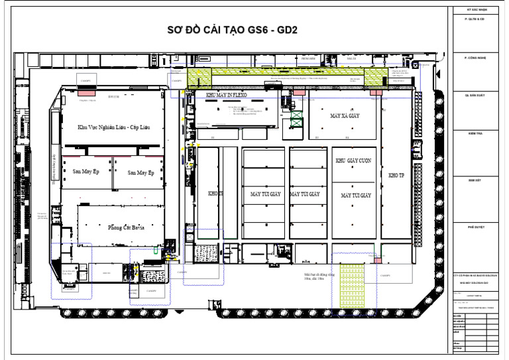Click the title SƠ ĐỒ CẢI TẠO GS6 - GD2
231,32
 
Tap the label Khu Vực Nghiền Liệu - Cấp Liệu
113,127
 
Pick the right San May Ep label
141,172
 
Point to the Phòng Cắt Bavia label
126,227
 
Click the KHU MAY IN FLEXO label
226,95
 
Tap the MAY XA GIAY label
345,115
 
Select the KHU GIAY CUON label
355,161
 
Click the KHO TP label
396,176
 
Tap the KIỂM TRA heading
476,133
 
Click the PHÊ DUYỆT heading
476,227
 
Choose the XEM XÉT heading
476,180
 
